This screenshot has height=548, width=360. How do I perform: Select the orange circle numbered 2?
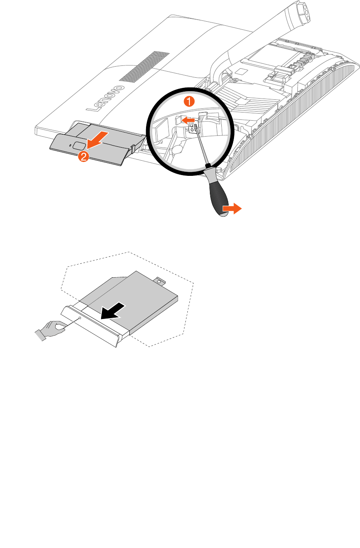click(83, 156)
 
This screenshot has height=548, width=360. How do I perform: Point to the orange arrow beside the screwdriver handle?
click(232, 209)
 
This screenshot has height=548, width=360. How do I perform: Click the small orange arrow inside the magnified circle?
click(188, 120)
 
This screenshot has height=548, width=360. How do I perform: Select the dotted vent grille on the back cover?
click(144, 66)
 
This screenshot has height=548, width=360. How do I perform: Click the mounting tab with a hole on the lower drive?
click(160, 281)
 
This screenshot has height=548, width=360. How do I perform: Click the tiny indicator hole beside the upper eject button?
click(71, 145)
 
